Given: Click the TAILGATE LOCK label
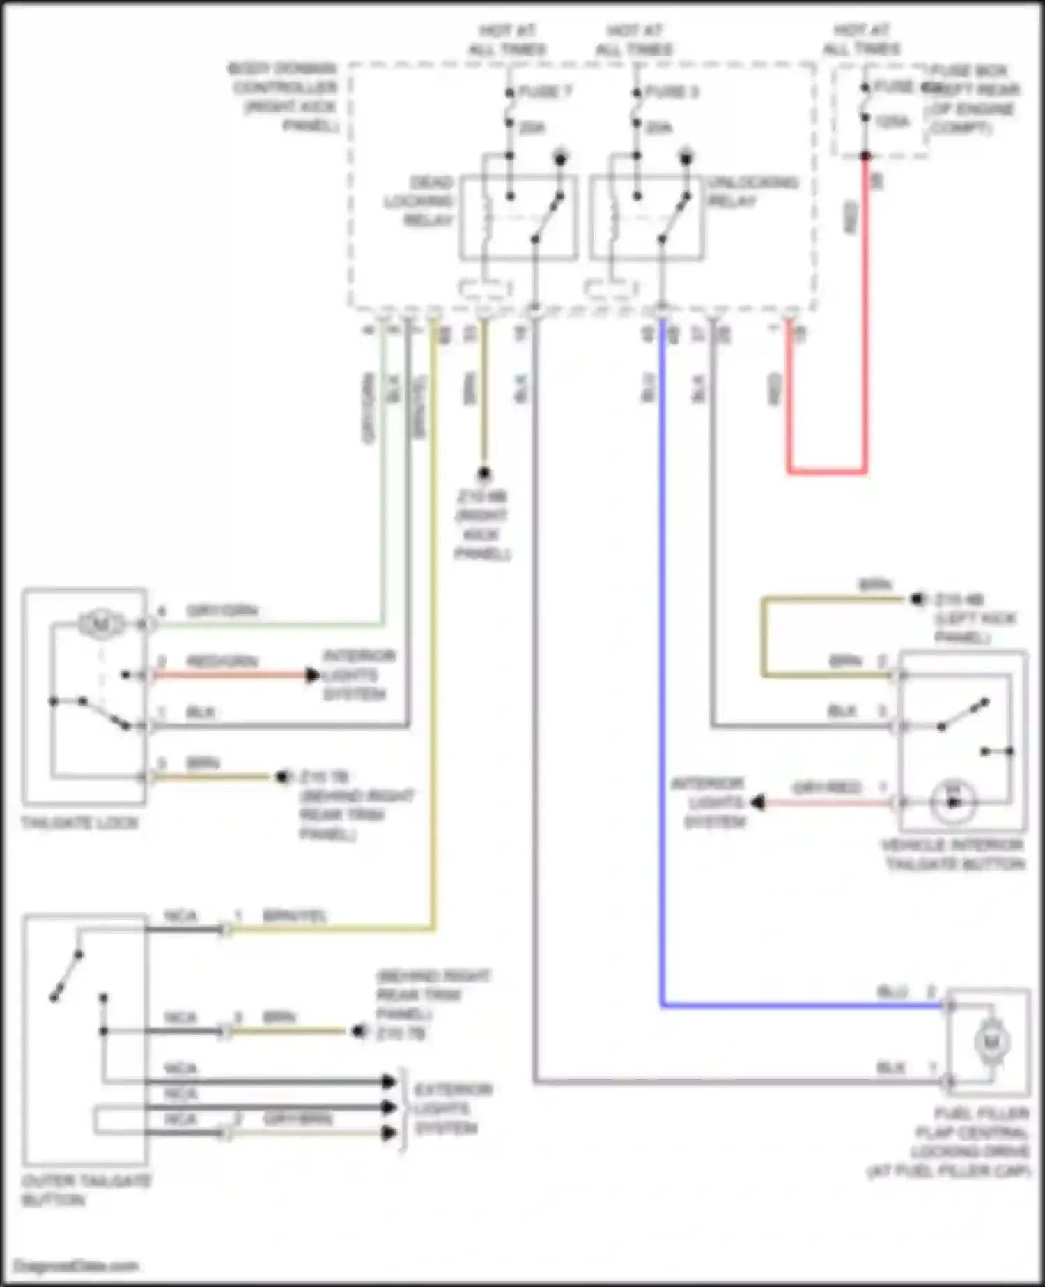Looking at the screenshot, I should click(x=79, y=823).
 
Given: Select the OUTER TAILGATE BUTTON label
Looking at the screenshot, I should click(x=86, y=1191).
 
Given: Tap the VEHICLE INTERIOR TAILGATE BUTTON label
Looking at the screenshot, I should click(x=954, y=855).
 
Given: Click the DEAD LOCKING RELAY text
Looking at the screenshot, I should click(x=420, y=201).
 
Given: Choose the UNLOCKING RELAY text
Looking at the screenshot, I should click(x=752, y=192).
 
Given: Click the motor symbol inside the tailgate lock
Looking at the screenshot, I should click(x=100, y=623).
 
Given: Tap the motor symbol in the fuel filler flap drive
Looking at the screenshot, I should click(x=990, y=1042).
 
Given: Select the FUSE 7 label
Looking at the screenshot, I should click(x=545, y=91).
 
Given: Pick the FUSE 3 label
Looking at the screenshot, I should click(x=672, y=91).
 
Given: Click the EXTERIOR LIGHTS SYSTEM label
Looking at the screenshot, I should click(x=452, y=1109).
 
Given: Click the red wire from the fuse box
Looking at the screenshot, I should click(x=865, y=314).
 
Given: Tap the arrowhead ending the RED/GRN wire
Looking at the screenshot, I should click(x=313, y=675).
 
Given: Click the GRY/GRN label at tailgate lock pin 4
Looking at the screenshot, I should click(x=222, y=611).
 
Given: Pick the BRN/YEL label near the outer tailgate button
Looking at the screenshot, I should click(x=294, y=915).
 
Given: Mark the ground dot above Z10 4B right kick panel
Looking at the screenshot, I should click(x=484, y=474).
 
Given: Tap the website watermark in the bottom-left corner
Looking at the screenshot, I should click(x=77, y=1266).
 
